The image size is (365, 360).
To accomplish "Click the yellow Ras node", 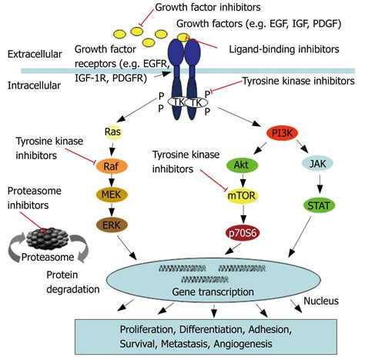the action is (112, 132).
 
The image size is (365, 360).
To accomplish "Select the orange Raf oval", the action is (112, 166).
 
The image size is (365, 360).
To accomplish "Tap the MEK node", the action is (112, 195).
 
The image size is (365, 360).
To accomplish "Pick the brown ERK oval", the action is (112, 225).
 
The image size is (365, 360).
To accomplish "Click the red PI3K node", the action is (282, 133).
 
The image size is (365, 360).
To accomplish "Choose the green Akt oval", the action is (242, 165).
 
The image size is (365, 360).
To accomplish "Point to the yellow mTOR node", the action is (242, 196).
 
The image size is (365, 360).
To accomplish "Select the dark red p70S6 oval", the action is (243, 233).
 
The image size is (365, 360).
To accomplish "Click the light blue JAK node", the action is (318, 163).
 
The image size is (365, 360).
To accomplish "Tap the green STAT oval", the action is (319, 205).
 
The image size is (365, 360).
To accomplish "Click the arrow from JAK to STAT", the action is (320, 185).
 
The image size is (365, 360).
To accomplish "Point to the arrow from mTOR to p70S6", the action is (243, 215).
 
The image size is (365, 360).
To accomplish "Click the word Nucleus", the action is (321, 301).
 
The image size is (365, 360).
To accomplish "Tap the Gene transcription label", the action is (213, 292).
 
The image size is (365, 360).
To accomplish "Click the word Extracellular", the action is (35, 54).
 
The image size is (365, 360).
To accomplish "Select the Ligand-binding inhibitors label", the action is (284, 49).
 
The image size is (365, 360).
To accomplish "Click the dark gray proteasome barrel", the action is (47, 238).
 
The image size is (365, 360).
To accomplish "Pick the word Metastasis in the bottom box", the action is (184, 344).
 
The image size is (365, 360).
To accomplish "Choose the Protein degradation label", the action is (73, 282).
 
